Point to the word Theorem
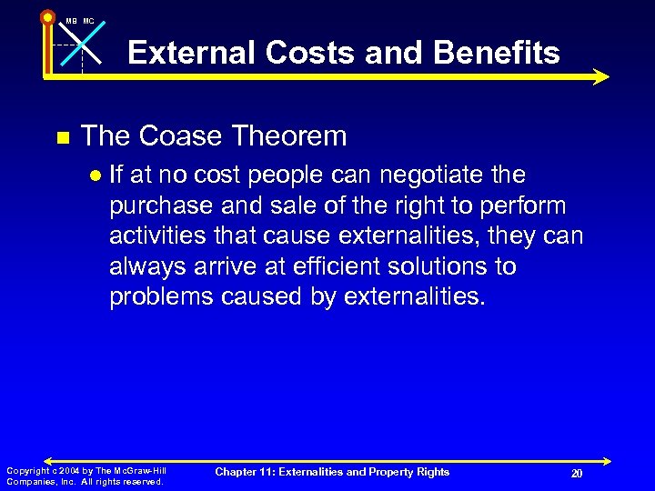(294, 136)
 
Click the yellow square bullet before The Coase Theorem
(62, 138)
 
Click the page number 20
(576, 473)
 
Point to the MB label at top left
(70, 20)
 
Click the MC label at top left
(88, 20)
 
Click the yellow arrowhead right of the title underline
(600, 77)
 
